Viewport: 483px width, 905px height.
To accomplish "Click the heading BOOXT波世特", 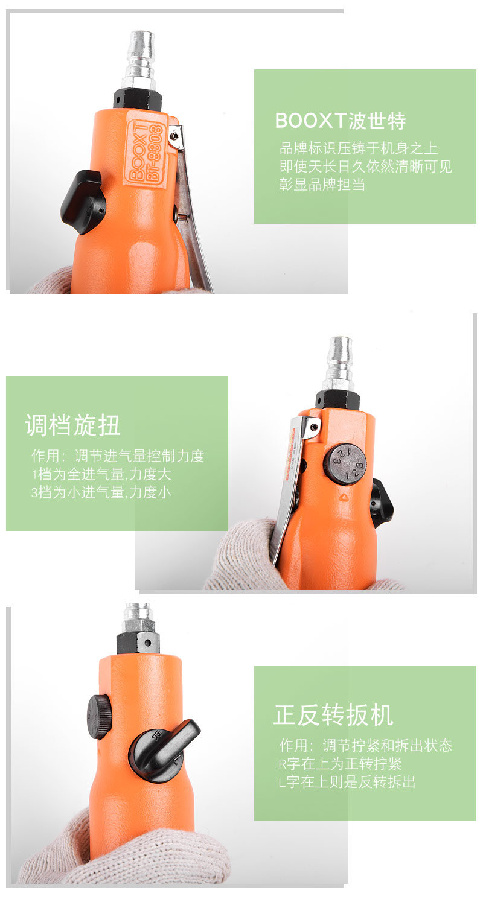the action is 341,121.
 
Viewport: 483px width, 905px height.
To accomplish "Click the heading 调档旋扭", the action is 73,425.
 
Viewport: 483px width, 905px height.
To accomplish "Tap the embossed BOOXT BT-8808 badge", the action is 146,152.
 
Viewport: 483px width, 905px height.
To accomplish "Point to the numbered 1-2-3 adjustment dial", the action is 347,463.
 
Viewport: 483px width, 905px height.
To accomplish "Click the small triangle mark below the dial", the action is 344,497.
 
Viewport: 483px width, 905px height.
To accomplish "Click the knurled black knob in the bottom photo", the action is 99,717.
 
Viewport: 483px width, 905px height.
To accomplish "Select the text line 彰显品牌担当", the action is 322,184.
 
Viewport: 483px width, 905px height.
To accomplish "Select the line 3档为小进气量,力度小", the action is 101,492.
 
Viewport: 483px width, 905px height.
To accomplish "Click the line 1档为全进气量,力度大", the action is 101,474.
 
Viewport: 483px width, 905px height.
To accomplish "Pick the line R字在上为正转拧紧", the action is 340,764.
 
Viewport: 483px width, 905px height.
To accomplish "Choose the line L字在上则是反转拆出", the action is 347,782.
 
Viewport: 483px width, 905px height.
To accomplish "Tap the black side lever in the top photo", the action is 83,201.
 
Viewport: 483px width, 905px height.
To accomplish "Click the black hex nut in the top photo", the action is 138,100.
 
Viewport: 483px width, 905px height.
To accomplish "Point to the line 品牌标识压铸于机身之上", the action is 358,148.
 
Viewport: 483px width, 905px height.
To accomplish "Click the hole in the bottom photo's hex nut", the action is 149,643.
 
